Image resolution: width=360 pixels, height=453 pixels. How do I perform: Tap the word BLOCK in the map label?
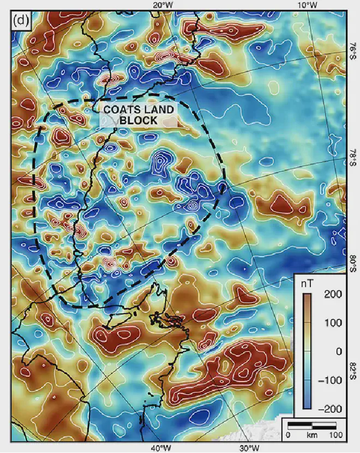139,120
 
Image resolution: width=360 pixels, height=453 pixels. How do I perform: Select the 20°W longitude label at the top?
163,5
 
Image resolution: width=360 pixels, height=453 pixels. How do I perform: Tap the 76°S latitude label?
352,53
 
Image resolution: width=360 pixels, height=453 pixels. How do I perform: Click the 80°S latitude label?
352,264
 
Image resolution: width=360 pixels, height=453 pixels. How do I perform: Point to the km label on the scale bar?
312,436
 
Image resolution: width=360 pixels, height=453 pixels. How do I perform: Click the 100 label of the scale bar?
336,436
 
